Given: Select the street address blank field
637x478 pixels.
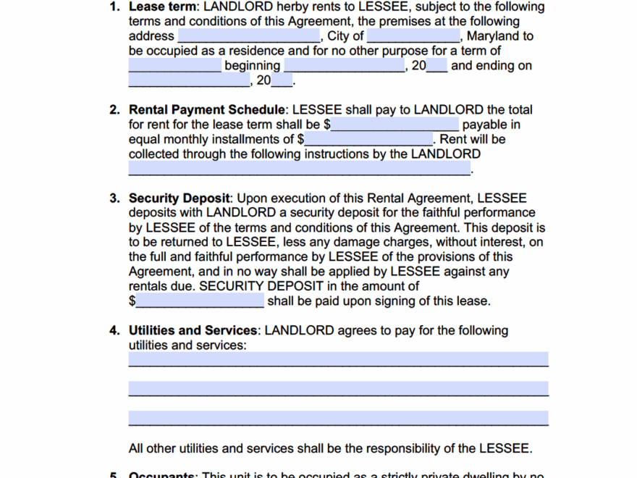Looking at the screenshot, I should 248,35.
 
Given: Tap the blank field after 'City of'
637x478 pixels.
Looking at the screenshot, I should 413,35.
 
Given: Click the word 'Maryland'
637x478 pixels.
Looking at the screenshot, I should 493,35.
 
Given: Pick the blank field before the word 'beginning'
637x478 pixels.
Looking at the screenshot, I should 174,65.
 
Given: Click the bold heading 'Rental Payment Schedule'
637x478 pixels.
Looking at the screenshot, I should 207,110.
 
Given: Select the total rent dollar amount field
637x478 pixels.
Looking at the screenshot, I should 395,125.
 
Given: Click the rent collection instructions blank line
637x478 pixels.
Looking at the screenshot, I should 299,169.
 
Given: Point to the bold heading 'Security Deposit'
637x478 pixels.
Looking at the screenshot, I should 180,198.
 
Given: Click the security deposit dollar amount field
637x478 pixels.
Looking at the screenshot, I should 200,301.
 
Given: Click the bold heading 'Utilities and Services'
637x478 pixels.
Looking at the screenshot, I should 193,331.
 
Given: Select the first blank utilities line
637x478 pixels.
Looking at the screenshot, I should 338,360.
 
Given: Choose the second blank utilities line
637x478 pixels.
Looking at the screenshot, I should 338,389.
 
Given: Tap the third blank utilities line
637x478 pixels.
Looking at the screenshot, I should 338,419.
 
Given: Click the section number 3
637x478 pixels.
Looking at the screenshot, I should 114,198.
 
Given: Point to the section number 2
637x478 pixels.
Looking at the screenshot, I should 114,110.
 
